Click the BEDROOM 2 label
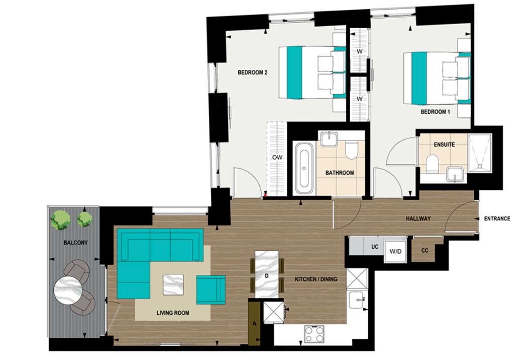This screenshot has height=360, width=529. coord(252,72)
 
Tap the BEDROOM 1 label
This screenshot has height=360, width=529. coord(435,111)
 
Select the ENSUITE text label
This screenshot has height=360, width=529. coord(444,145)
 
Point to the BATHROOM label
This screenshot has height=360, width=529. coord(340,173)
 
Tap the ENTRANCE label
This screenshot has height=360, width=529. coord(497,218)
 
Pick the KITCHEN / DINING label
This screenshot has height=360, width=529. coord(316,279)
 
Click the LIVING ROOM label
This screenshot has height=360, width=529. coord(172,313)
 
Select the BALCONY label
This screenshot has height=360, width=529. coord(75,243)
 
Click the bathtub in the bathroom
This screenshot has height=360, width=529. coord(303,168)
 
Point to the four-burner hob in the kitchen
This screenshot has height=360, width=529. coord(314,334)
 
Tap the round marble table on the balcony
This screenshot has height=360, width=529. coord(67,290)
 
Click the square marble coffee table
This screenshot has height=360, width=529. coord(172,285)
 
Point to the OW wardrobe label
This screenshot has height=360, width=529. coord(276,158)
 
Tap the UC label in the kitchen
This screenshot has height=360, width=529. coord(374,247)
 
